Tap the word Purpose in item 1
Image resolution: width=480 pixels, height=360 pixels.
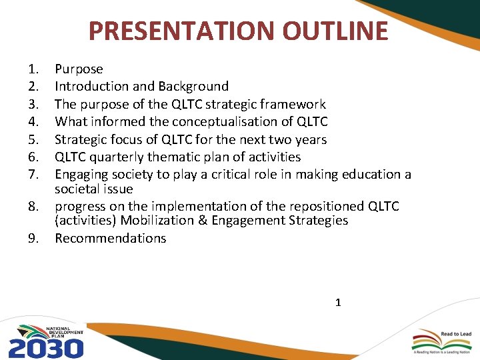(x=79, y=69)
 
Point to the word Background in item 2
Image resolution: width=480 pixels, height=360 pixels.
(x=193, y=86)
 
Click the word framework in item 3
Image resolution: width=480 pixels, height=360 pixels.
(x=294, y=104)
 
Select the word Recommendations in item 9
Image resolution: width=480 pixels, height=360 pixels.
(x=110, y=238)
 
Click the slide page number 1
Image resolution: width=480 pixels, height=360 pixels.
(x=338, y=303)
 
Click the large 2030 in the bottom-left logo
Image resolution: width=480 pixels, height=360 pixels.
(x=45, y=347)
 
